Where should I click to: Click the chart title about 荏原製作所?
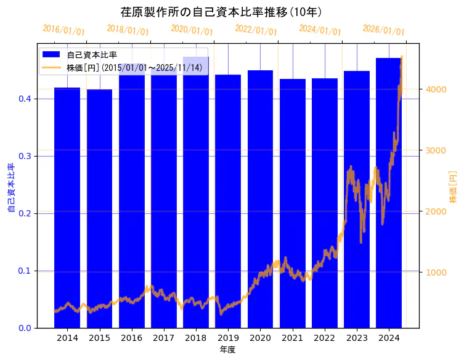[222, 12]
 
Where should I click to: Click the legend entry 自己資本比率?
[92, 55]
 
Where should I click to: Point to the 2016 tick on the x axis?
[131, 338]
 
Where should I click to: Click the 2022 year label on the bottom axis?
[324, 338]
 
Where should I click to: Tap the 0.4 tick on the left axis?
[26, 99]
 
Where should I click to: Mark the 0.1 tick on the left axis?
[26, 271]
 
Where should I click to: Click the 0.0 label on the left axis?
[26, 328]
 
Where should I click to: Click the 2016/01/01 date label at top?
[64, 30]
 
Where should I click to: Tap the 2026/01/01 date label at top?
[383, 30]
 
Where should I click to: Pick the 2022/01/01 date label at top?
[256, 30]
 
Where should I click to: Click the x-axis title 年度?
[227, 350]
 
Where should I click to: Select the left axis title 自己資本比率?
[10, 188]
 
